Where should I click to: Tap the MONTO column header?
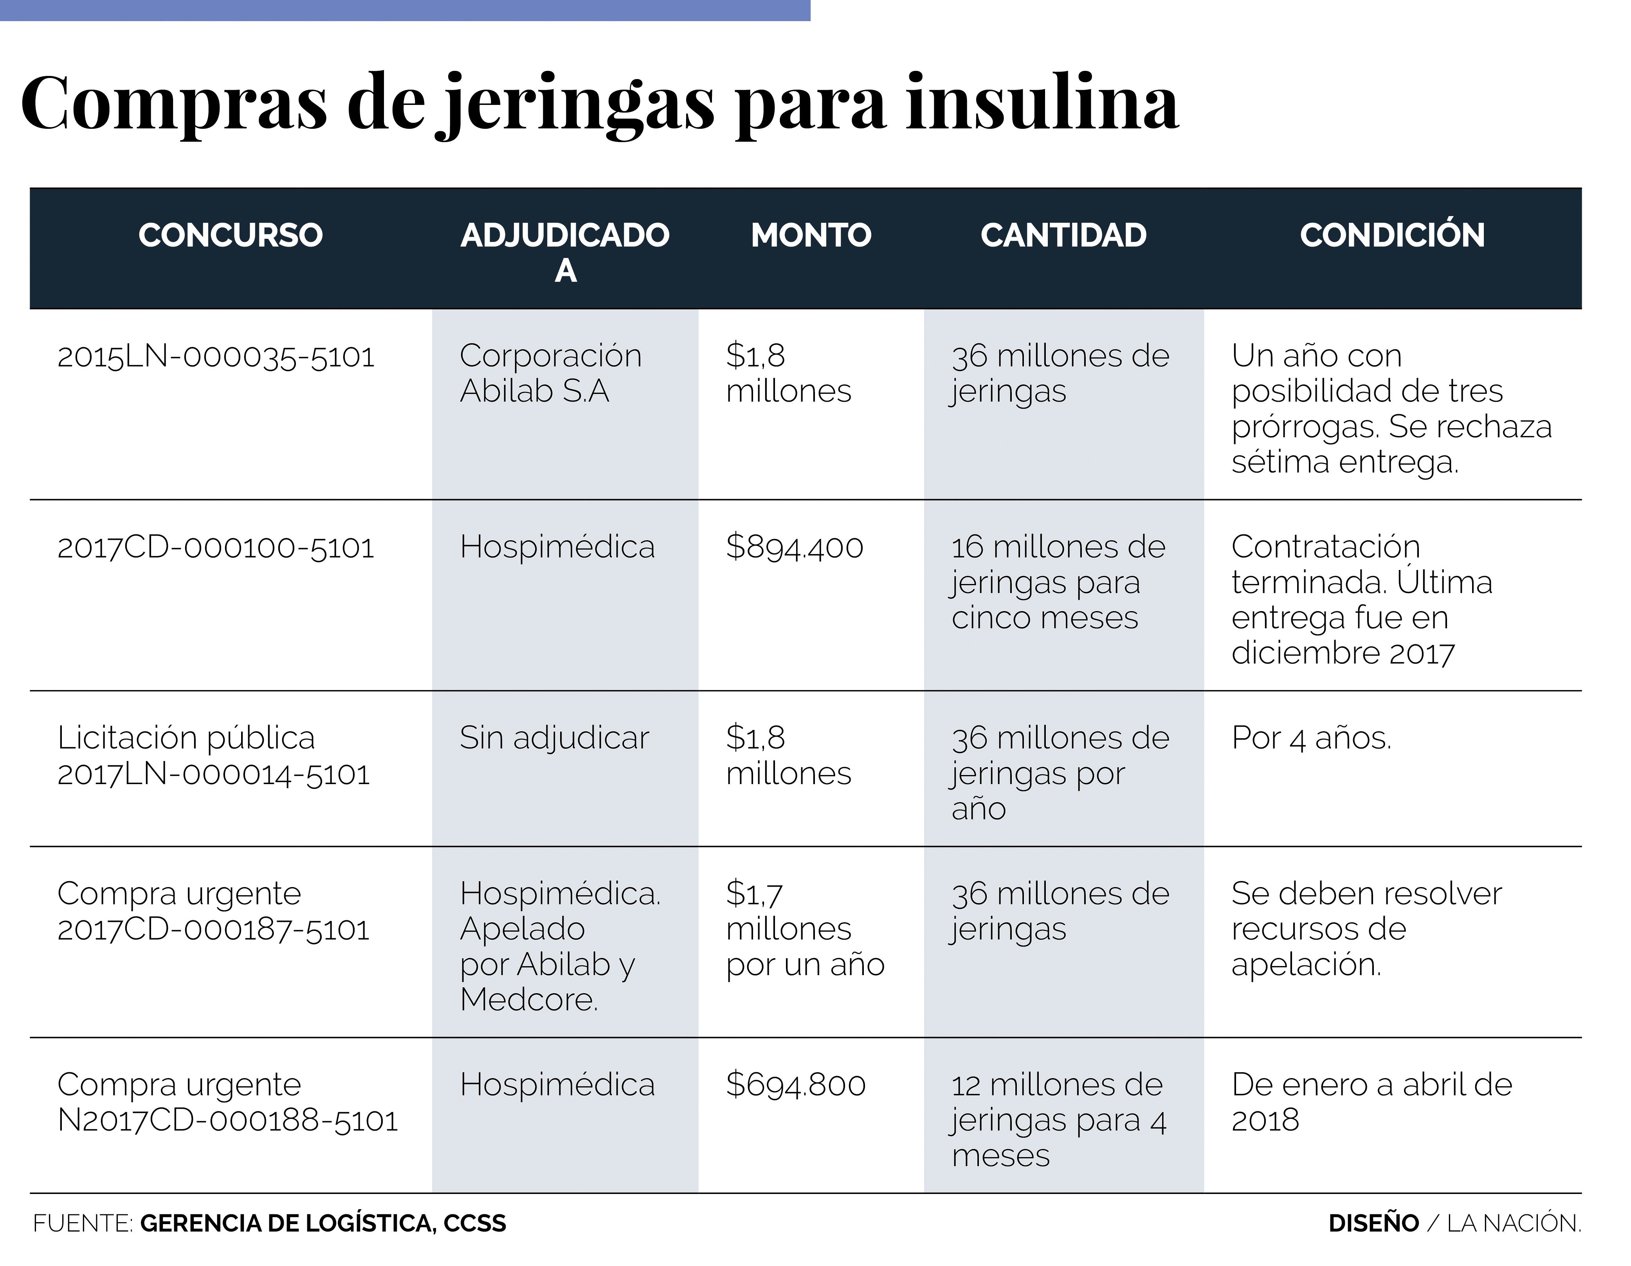click(811, 235)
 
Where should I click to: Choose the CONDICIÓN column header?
click(1391, 235)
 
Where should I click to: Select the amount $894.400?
click(795, 547)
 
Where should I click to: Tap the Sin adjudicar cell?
click(554, 738)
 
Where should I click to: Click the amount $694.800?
click(795, 1084)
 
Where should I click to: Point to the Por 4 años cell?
click(1310, 738)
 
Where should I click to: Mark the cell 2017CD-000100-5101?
click(216, 548)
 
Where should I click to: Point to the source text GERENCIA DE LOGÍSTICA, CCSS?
click(323, 1223)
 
